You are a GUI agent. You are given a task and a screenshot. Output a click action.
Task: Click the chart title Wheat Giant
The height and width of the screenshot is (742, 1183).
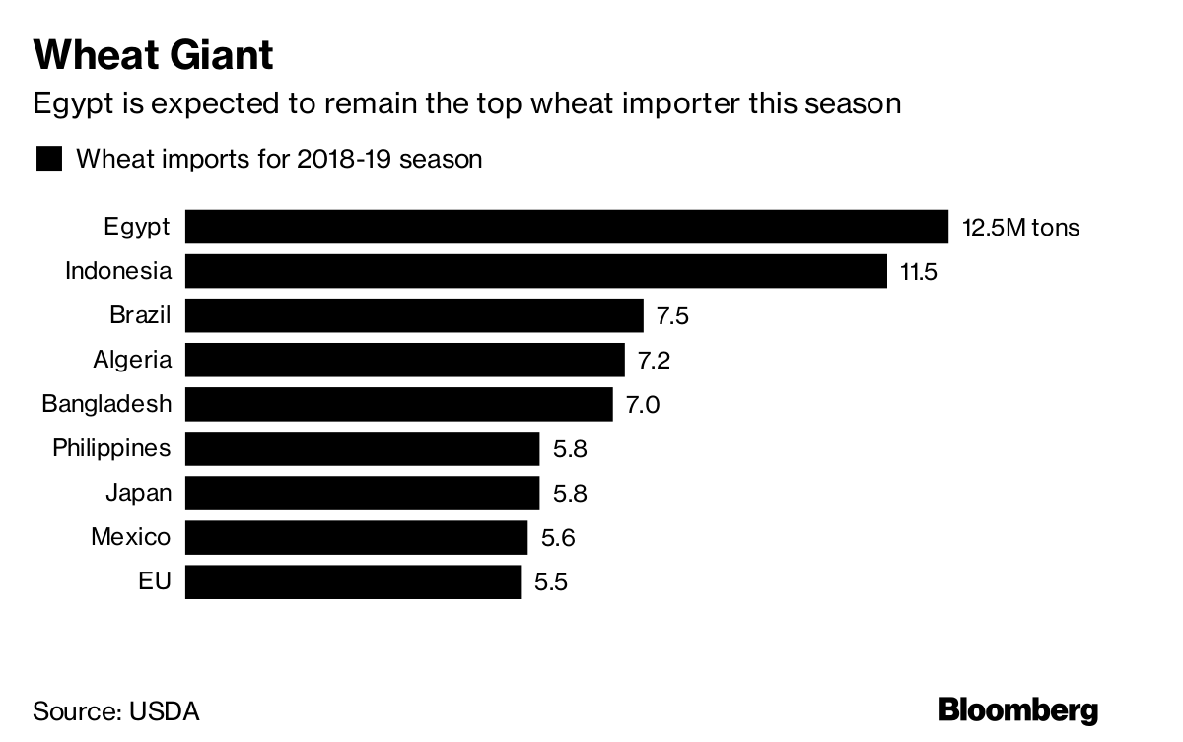(x=153, y=55)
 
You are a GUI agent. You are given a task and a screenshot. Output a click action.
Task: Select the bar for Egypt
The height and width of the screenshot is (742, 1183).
(x=566, y=227)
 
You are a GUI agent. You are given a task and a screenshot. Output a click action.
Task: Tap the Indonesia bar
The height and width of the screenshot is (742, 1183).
(x=535, y=271)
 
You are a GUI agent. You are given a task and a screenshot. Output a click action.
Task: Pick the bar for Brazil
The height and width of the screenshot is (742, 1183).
(x=414, y=315)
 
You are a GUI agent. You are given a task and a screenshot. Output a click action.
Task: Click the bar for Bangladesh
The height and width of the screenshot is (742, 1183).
(x=399, y=404)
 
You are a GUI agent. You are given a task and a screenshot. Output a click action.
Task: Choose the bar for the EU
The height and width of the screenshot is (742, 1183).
(x=352, y=581)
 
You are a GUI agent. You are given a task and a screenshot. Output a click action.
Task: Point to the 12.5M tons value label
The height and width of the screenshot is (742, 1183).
(x=1020, y=228)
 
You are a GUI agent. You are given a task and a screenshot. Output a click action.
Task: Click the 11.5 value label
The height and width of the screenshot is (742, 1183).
(x=918, y=272)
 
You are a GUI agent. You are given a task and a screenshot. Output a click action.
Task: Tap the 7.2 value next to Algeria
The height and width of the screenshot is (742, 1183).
(x=654, y=361)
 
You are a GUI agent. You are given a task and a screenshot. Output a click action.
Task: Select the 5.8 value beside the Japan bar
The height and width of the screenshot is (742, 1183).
(x=570, y=493)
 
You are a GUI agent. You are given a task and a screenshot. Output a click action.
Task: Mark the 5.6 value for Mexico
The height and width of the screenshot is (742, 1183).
(x=557, y=538)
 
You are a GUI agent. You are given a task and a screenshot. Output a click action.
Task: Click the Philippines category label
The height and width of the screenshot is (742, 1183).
(x=111, y=449)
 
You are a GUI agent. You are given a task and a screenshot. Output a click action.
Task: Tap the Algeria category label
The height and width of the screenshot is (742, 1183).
(x=132, y=361)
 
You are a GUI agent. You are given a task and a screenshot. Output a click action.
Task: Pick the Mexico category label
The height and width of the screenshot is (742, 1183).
(x=130, y=538)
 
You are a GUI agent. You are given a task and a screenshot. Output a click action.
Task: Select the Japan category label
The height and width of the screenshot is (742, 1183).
(x=138, y=493)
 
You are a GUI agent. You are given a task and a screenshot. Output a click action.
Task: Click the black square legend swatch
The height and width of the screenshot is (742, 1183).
(x=49, y=159)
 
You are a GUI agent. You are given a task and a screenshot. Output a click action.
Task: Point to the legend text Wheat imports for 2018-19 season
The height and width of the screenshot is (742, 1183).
(x=279, y=159)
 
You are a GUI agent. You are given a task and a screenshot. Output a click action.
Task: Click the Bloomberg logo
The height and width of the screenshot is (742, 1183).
(x=1017, y=709)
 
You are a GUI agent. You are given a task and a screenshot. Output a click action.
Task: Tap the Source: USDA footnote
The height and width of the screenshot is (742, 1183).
(x=116, y=710)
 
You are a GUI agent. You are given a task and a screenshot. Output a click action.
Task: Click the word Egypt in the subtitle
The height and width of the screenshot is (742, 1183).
(x=72, y=103)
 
